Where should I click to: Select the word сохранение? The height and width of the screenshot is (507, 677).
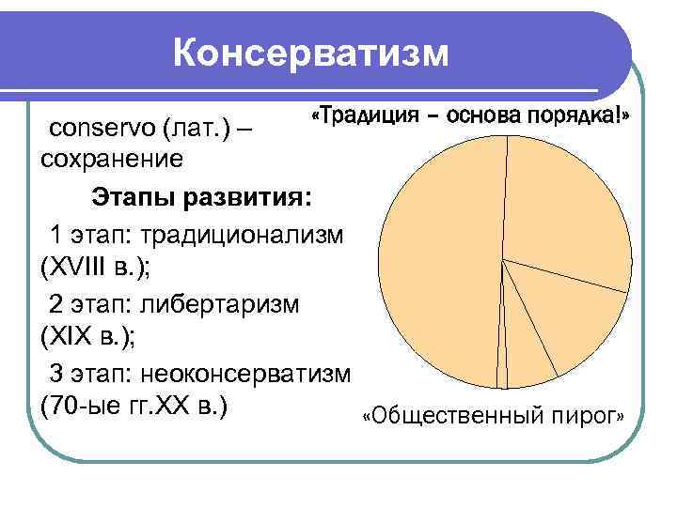pyautogui.click(x=112, y=159)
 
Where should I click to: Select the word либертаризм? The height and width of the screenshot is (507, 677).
pyautogui.click(x=220, y=304)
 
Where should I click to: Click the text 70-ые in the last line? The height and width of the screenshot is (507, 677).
pyautogui.click(x=83, y=409)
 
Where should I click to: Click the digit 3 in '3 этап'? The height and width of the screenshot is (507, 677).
pyautogui.click(x=56, y=375)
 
